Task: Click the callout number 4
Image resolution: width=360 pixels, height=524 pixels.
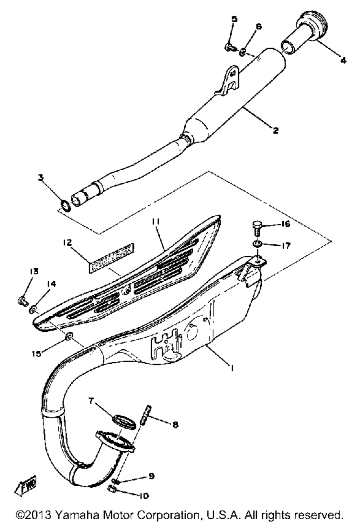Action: (343, 60)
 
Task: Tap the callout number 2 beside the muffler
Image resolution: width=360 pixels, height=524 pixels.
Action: (276, 130)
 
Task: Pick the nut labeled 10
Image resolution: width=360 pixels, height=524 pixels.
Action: (112, 489)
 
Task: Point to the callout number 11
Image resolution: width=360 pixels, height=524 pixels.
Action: (155, 221)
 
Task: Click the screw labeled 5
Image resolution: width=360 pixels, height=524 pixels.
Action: (230, 48)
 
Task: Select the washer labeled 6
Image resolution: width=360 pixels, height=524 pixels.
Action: (243, 52)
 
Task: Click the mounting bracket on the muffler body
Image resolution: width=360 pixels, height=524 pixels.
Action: (227, 81)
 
